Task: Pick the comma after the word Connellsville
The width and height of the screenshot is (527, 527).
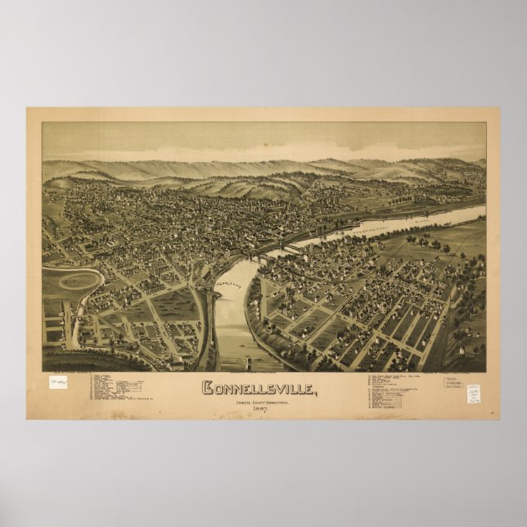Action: [314, 392]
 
